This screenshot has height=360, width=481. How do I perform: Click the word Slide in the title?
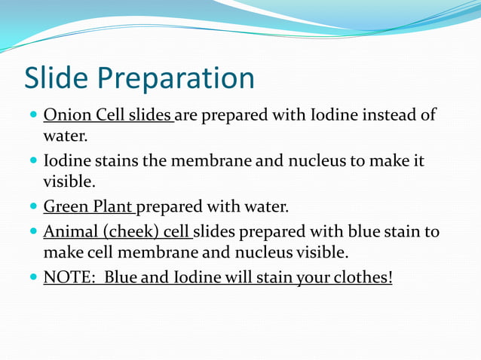click(57, 78)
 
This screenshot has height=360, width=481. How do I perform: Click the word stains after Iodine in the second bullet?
click(115, 162)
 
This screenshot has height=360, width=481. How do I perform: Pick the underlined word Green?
click(63, 206)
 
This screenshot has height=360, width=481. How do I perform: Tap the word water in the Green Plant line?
click(266, 206)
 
